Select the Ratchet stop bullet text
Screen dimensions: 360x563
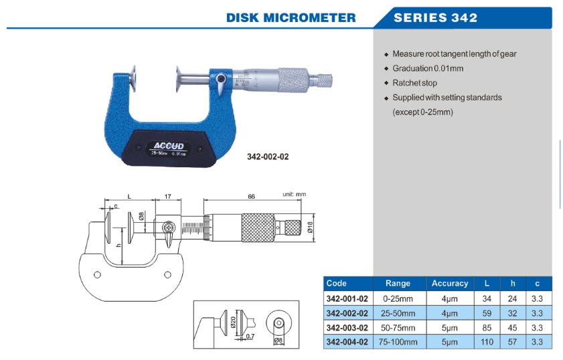[x=414, y=83]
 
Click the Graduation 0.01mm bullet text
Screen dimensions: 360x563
[x=428, y=68]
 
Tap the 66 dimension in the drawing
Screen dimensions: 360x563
[x=251, y=197]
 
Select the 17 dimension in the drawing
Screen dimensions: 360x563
[x=167, y=197]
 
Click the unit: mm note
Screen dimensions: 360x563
[x=293, y=194]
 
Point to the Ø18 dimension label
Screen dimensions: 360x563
[x=310, y=227]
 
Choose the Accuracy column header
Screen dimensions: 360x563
[x=449, y=284]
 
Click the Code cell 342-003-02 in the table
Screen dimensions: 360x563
[x=347, y=328]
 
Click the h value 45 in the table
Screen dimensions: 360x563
[x=511, y=328]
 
